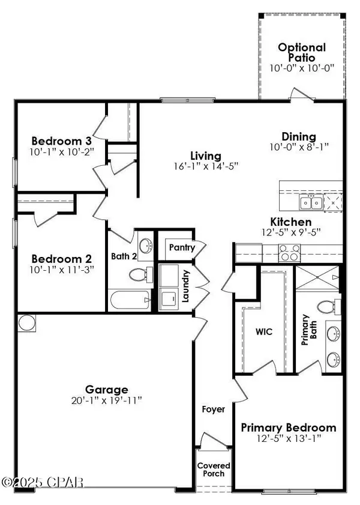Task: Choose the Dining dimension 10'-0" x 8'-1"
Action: click(299, 147)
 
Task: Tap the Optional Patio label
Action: click(301, 53)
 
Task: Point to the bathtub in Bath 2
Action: click(130, 298)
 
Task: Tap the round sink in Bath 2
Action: click(145, 245)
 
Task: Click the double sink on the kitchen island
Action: click(311, 202)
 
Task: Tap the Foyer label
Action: click(213, 410)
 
